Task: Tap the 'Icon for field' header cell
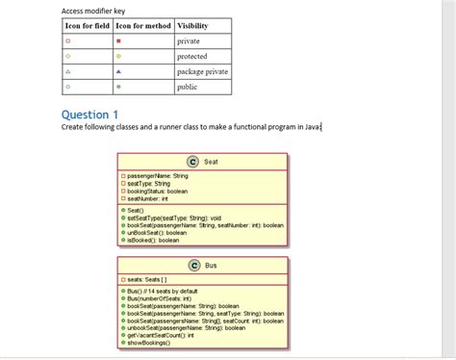pos(86,24)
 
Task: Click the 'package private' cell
pos(202,71)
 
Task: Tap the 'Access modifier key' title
pos(92,10)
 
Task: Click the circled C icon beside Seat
pos(192,162)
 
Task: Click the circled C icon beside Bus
pos(194,265)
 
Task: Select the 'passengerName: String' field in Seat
pos(158,176)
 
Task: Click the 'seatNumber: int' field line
pos(148,198)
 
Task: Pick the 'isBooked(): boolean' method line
pos(153,240)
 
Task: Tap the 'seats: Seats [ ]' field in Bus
pos(149,279)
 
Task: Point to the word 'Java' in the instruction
pos(310,126)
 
